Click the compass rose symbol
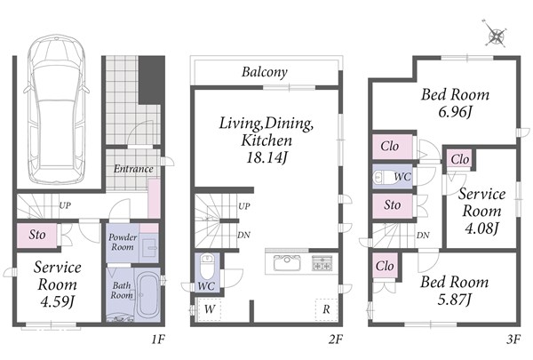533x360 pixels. [496, 34]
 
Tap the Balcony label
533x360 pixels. [265, 72]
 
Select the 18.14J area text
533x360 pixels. [266, 157]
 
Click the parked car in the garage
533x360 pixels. [57, 108]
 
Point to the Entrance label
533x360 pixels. [133, 169]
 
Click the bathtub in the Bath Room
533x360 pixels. [147, 295]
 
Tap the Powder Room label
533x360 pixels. [123, 242]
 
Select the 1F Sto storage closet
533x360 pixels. [37, 236]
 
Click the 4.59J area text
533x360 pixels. [57, 301]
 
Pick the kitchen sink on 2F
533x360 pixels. [287, 263]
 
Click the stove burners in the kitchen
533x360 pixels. [322, 263]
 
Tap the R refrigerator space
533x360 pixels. [326, 309]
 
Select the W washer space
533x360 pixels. [210, 309]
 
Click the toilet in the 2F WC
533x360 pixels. [206, 266]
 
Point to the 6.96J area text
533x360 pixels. [455, 112]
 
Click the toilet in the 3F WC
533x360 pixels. [384, 177]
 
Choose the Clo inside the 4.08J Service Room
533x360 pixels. [459, 159]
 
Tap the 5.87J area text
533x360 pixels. [454, 300]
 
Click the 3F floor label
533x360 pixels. [513, 340]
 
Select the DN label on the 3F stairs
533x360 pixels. [423, 236]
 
